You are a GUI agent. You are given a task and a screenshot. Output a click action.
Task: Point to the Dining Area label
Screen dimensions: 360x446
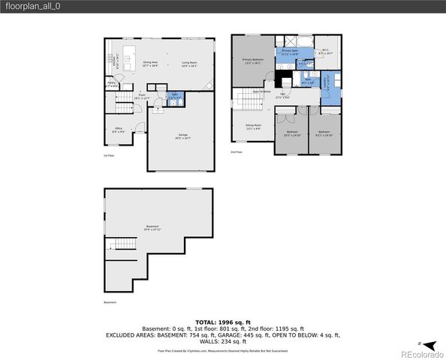[150, 64]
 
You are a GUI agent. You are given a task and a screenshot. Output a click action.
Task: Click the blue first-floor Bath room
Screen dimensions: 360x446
[173, 97]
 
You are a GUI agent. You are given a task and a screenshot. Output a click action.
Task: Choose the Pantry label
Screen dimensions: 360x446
[111, 86]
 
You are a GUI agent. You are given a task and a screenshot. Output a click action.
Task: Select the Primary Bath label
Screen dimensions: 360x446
[290, 52]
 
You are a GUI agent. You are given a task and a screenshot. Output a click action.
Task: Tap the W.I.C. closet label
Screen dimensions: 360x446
[325, 52]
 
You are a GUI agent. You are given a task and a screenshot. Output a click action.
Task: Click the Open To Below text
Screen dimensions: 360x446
[261, 91]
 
